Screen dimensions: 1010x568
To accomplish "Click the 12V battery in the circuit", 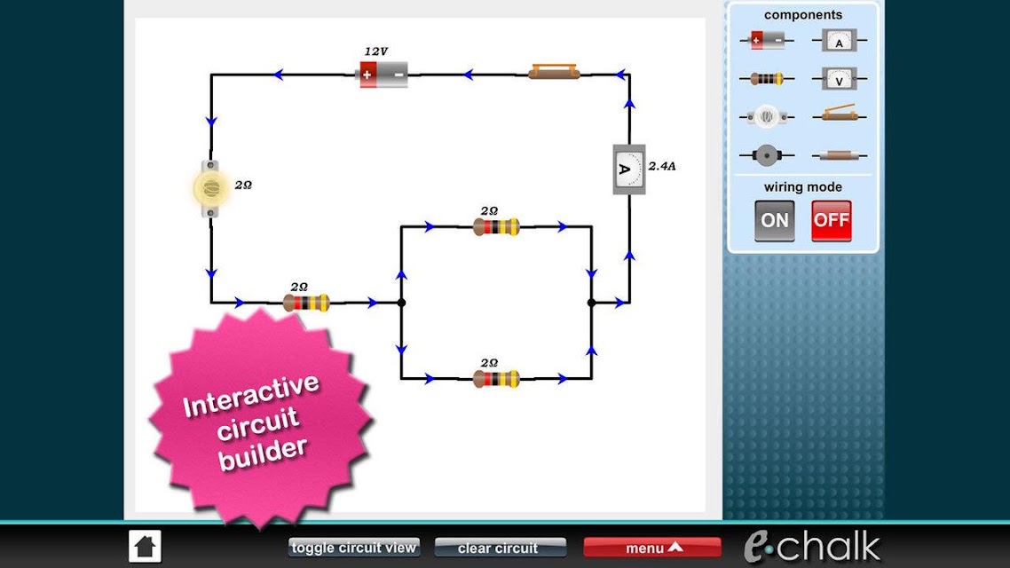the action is [x=383, y=75].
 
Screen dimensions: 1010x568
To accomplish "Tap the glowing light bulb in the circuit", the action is [x=210, y=189].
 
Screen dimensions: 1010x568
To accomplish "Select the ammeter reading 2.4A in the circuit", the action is [x=628, y=170].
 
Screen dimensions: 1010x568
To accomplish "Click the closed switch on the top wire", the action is [x=554, y=71].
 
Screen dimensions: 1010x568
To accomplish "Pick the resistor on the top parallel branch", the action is [x=496, y=226].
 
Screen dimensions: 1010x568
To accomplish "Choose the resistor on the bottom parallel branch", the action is [x=496, y=379].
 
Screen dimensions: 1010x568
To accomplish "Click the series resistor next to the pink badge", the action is [x=306, y=302].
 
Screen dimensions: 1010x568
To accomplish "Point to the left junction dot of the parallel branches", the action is [x=401, y=302].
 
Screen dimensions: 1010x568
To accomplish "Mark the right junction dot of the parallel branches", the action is [x=591, y=302].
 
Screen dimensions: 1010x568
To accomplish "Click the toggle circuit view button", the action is [x=353, y=548].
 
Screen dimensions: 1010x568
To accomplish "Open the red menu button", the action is [x=651, y=548].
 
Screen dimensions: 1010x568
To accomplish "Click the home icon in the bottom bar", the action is [x=145, y=546].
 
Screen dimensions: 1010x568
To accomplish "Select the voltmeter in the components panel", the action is [x=840, y=79].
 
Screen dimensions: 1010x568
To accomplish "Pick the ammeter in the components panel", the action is [x=840, y=41].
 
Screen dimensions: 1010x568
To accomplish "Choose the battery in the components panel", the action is [x=767, y=40].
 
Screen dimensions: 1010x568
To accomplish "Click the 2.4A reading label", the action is [x=662, y=166].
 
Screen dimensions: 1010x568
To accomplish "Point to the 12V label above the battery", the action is [x=376, y=51].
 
